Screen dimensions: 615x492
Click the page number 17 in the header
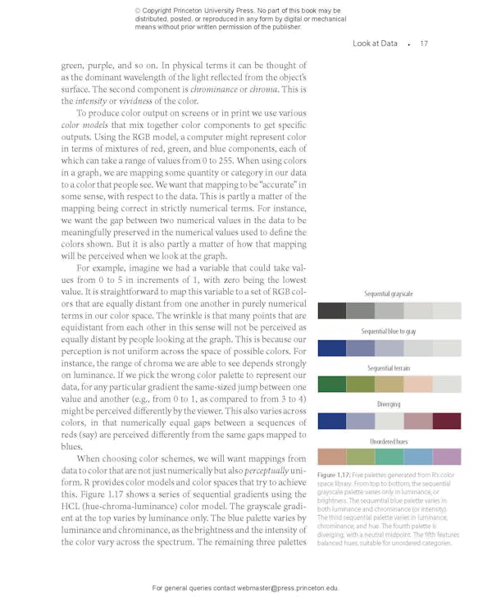pyautogui.click(x=423, y=43)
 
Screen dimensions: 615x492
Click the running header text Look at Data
pyautogui.click(x=375, y=43)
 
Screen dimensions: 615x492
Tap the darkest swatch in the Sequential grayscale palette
pyautogui.click(x=331, y=311)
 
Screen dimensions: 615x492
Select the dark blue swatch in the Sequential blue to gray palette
pyautogui.click(x=331, y=348)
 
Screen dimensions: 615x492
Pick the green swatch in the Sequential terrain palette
pyautogui.click(x=331, y=384)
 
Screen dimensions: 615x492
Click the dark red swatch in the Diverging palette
pyautogui.click(x=447, y=421)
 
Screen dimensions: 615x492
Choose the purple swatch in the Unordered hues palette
pyautogui.click(x=447, y=457)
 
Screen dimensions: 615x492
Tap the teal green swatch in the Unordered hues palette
pyautogui.click(x=389, y=457)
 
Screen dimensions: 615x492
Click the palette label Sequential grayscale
pyautogui.click(x=389, y=294)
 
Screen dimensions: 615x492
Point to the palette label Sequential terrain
pyautogui.click(x=389, y=368)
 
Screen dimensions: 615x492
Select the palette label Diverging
pyautogui.click(x=389, y=404)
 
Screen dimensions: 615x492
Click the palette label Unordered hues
pyautogui.click(x=389, y=441)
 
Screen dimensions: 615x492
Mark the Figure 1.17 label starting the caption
pyautogui.click(x=333, y=476)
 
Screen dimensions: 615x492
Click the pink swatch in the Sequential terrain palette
pyautogui.click(x=418, y=384)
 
